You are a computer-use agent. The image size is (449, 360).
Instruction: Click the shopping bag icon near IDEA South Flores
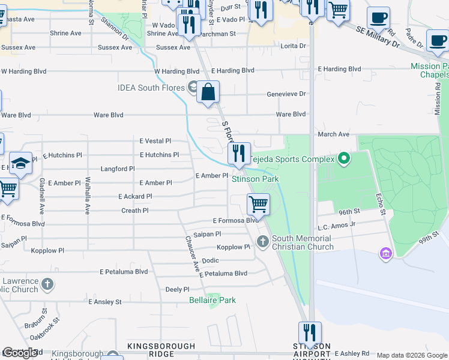coord(208,92)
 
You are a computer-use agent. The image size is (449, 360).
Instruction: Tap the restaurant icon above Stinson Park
coord(239,154)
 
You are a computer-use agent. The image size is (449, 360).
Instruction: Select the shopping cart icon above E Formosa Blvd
coord(258,204)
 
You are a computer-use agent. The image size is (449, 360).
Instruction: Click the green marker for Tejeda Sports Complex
coord(343,159)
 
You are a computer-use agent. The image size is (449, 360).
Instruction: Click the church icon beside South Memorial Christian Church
coord(262,241)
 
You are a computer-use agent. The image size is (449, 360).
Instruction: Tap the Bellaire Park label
coord(212,300)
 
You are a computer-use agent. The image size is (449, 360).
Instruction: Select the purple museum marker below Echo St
coord(385,254)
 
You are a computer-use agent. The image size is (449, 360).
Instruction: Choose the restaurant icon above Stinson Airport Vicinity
coord(310,332)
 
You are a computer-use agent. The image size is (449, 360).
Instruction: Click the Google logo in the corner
coord(20,353)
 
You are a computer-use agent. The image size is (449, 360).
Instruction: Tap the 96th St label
coord(348,212)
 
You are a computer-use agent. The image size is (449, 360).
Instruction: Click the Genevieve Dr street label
coord(286,94)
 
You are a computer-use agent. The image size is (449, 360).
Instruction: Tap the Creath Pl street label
coord(135,211)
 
